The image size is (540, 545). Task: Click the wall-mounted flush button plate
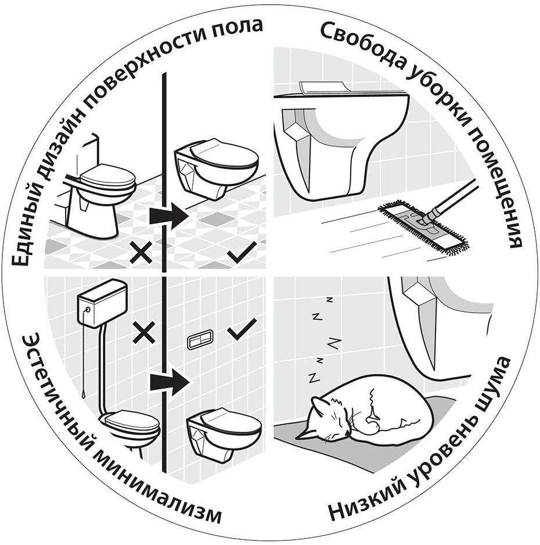click(199, 340)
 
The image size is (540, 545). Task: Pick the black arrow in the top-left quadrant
click(168, 216)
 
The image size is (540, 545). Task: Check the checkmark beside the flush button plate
click(242, 331)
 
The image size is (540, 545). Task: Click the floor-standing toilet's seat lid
click(107, 174)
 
